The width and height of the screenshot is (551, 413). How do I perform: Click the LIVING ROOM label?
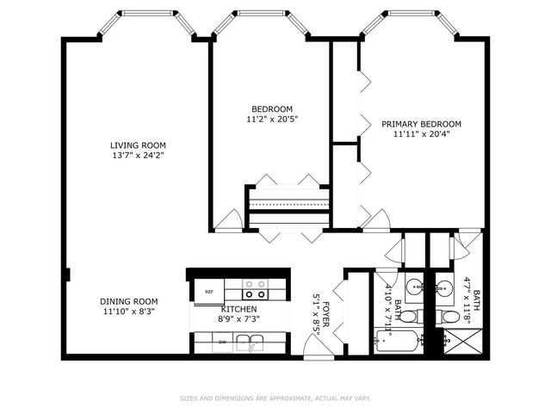pyautogui.click(x=138, y=145)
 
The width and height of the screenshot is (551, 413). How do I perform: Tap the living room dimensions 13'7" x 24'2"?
pyautogui.click(x=138, y=155)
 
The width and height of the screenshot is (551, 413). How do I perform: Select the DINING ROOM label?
pyautogui.click(x=129, y=301)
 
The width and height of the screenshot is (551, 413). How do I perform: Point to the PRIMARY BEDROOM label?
pyautogui.click(x=421, y=124)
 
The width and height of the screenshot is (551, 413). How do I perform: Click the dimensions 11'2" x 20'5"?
pyautogui.click(x=272, y=120)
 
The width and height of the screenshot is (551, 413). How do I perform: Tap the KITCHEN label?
pyautogui.click(x=239, y=309)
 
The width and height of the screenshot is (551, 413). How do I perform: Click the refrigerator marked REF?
pyautogui.click(x=209, y=292)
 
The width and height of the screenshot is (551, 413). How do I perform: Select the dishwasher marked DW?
pyautogui.click(x=222, y=342)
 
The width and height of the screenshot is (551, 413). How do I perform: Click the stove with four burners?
pyautogui.click(x=256, y=289)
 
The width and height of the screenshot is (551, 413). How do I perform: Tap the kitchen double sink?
pyautogui.click(x=250, y=342)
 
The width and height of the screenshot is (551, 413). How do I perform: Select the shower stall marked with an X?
pyautogui.click(x=463, y=342)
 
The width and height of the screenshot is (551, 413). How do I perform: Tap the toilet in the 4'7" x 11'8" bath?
pyautogui.click(x=448, y=317)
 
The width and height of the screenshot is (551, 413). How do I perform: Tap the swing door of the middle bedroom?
pyautogui.click(x=228, y=220)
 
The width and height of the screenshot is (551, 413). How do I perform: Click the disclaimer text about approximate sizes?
pyautogui.click(x=275, y=398)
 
